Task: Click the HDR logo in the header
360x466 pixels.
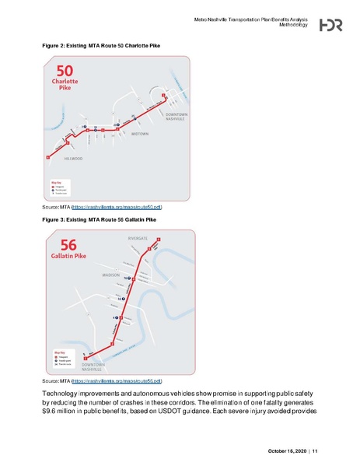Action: [331, 26]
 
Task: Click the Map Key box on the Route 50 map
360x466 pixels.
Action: [61, 187]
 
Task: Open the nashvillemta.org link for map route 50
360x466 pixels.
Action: [117, 209]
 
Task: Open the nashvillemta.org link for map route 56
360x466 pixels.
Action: [117, 381]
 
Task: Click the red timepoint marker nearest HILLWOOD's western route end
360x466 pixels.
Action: [48, 158]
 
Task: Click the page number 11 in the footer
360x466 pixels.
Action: [316, 452]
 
